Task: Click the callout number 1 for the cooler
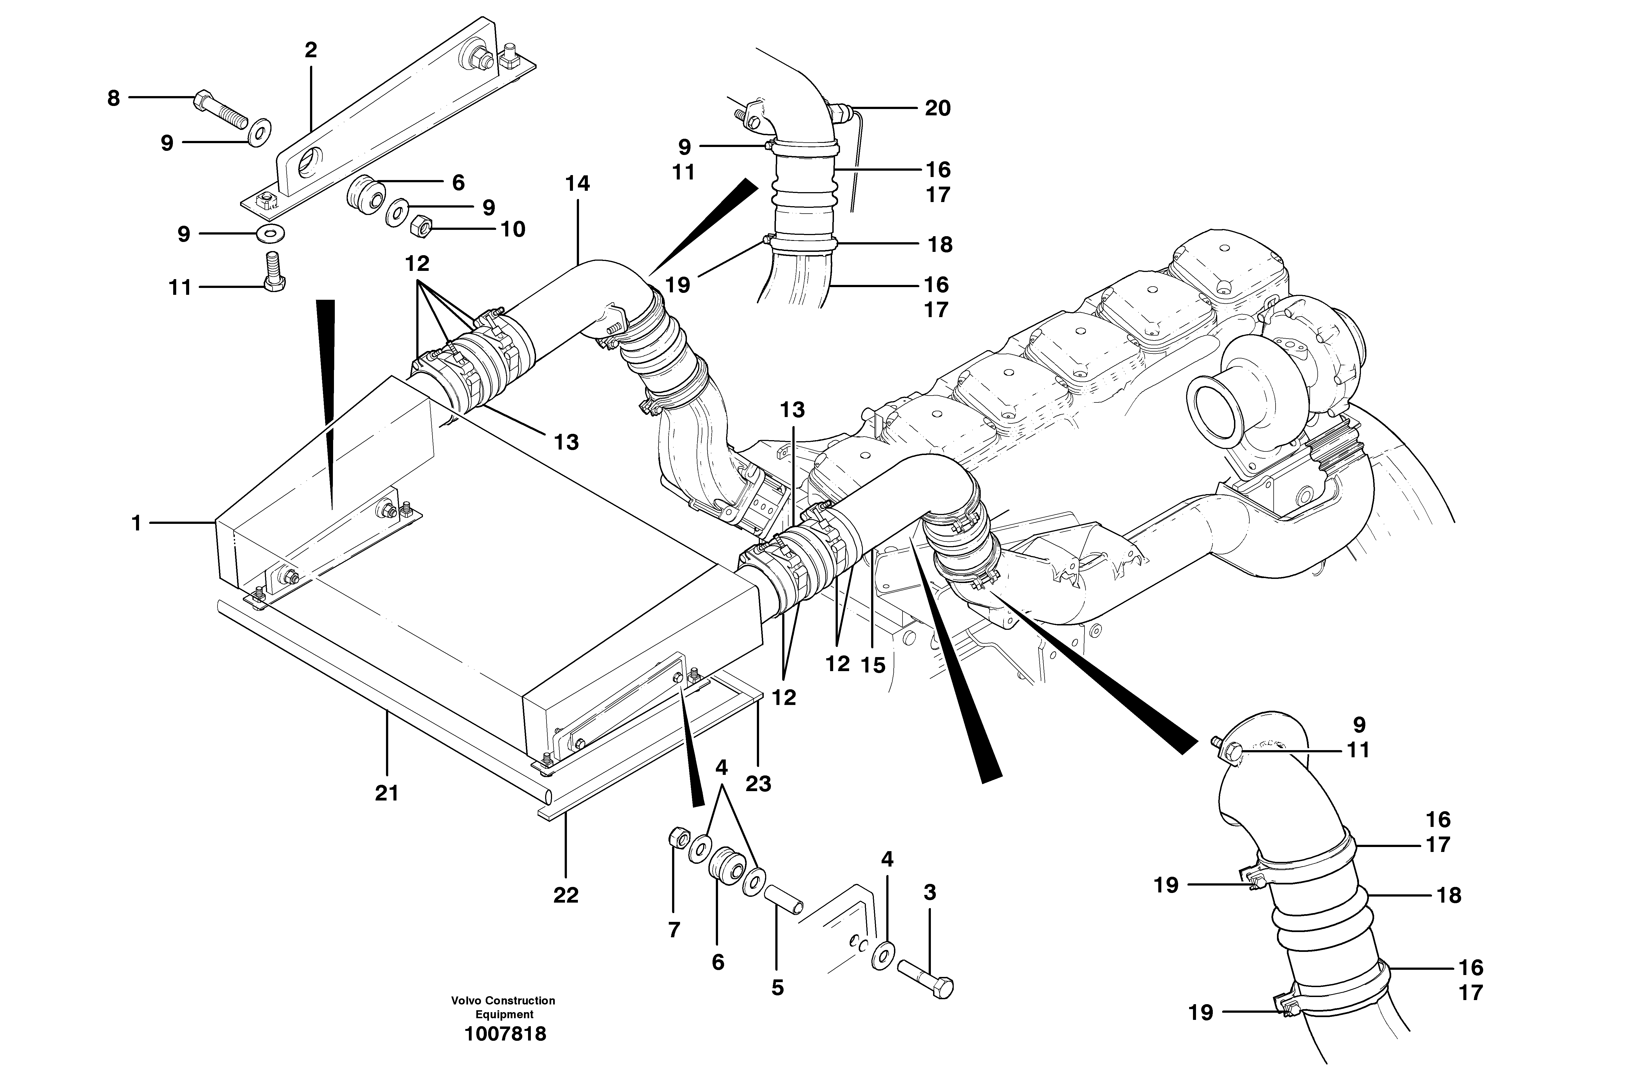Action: [136, 524]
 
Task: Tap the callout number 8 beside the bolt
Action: [114, 99]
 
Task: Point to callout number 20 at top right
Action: [937, 108]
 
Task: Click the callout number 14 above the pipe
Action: [578, 184]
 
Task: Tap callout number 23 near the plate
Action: [758, 784]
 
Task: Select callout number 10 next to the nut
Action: [512, 229]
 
